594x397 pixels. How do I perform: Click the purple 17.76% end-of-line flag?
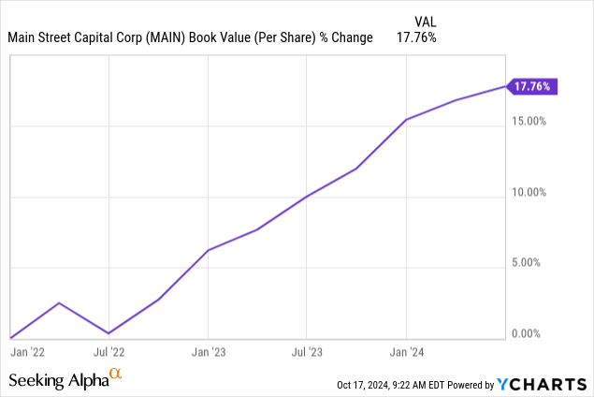534,87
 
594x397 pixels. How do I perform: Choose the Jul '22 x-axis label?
109,352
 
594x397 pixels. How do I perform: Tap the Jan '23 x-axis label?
208,352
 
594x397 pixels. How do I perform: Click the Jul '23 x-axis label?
307,352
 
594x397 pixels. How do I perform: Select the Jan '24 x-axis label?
406,352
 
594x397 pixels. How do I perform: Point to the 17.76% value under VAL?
417,37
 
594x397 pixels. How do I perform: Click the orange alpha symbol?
116,375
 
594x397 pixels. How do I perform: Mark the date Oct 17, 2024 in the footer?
367,385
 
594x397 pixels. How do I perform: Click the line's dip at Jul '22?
109,333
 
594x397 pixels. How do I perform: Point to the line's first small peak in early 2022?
59,303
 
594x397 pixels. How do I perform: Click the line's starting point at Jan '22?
10,338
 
